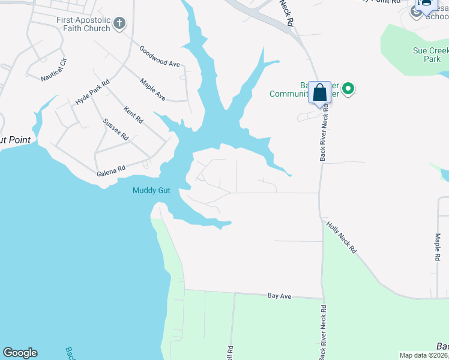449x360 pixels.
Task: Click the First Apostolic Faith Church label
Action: pyautogui.click(x=83, y=24)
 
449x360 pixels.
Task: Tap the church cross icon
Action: pyautogui.click(x=119, y=23)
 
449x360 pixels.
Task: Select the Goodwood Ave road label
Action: pyautogui.click(x=160, y=56)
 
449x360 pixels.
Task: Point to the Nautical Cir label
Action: pyautogui.click(x=54, y=70)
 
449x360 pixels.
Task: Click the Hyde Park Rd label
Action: pyautogui.click(x=92, y=92)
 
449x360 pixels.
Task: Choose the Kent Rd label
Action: pyautogui.click(x=133, y=115)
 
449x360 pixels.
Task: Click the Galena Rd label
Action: pyautogui.click(x=111, y=170)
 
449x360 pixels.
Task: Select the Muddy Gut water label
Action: pyautogui.click(x=151, y=191)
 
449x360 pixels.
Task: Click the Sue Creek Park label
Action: pyautogui.click(x=427, y=55)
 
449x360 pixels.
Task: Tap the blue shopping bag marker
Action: pyautogui.click(x=320, y=93)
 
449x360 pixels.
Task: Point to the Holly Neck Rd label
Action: pyautogui.click(x=342, y=237)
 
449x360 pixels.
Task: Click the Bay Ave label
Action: pyautogui.click(x=279, y=296)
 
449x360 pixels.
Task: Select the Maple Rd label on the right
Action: pyautogui.click(x=438, y=247)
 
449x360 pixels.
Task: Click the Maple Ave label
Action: pyautogui.click(x=152, y=88)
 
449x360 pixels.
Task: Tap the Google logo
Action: pyautogui.click(x=20, y=353)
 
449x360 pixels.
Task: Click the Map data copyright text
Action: pyautogui.click(x=423, y=355)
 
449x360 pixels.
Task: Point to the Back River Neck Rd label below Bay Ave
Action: pyautogui.click(x=323, y=331)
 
